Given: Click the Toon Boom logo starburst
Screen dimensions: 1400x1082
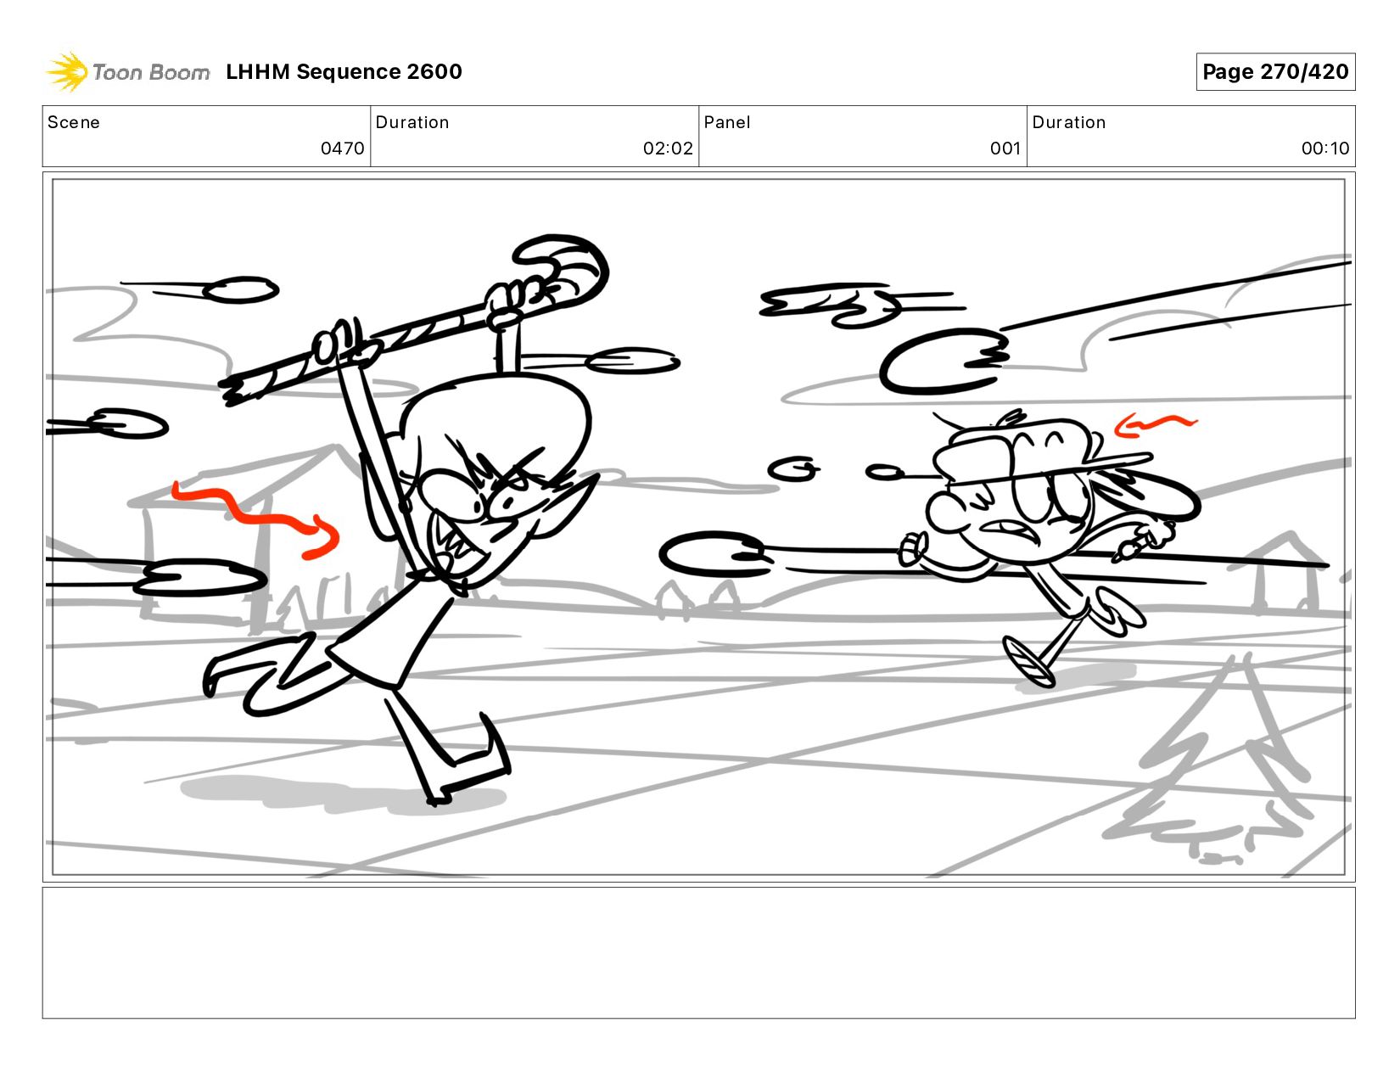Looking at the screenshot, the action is click(x=67, y=71).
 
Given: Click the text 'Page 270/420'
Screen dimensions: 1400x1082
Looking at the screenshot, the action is click(x=1275, y=71).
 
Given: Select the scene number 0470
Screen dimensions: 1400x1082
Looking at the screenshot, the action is click(x=342, y=149).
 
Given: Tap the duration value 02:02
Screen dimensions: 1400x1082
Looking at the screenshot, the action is click(x=668, y=149).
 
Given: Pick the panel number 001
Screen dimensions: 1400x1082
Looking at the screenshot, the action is click(x=1005, y=149).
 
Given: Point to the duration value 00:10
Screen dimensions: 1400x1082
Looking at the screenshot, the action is click(x=1324, y=149).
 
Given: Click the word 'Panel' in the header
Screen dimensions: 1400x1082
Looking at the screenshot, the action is click(x=727, y=122).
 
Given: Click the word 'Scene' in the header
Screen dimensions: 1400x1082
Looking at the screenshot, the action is click(x=74, y=122).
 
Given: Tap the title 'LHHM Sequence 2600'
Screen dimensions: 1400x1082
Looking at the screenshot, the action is click(x=344, y=71).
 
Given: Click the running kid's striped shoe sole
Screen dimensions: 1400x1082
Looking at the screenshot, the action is click(x=1028, y=663).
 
